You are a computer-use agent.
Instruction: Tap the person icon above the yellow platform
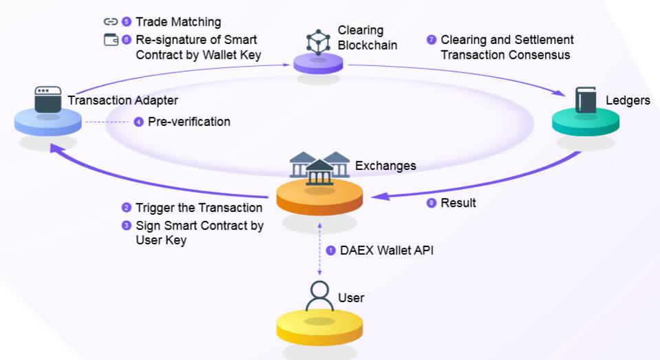[319, 297]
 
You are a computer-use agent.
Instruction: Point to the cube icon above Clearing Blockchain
[318, 41]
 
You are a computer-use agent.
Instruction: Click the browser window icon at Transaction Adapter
[46, 100]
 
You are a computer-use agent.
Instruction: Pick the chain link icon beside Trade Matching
[110, 22]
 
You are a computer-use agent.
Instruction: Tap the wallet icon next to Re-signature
[110, 39]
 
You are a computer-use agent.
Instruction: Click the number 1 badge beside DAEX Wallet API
[331, 251]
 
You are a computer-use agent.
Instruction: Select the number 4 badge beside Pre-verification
[139, 122]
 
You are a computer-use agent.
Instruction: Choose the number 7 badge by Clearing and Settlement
[432, 40]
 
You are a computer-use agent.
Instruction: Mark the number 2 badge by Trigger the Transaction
[126, 208]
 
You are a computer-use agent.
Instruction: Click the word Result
[458, 203]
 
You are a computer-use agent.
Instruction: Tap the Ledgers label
[628, 101]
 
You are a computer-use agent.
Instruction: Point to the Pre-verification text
[189, 122]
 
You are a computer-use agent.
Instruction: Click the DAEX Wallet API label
[387, 251]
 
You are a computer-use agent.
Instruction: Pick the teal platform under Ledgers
[586, 123]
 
